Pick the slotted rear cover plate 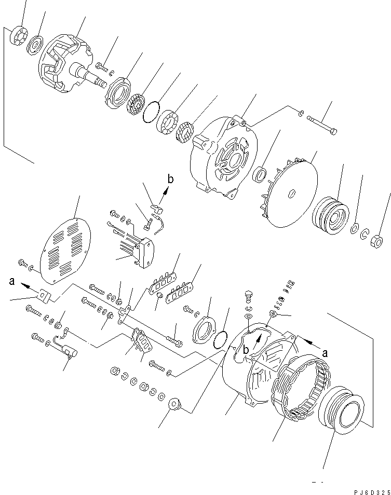pyautogui.click(x=65, y=246)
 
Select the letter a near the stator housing pyautogui.click(x=326, y=352)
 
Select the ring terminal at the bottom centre pyautogui.click(x=175, y=402)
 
